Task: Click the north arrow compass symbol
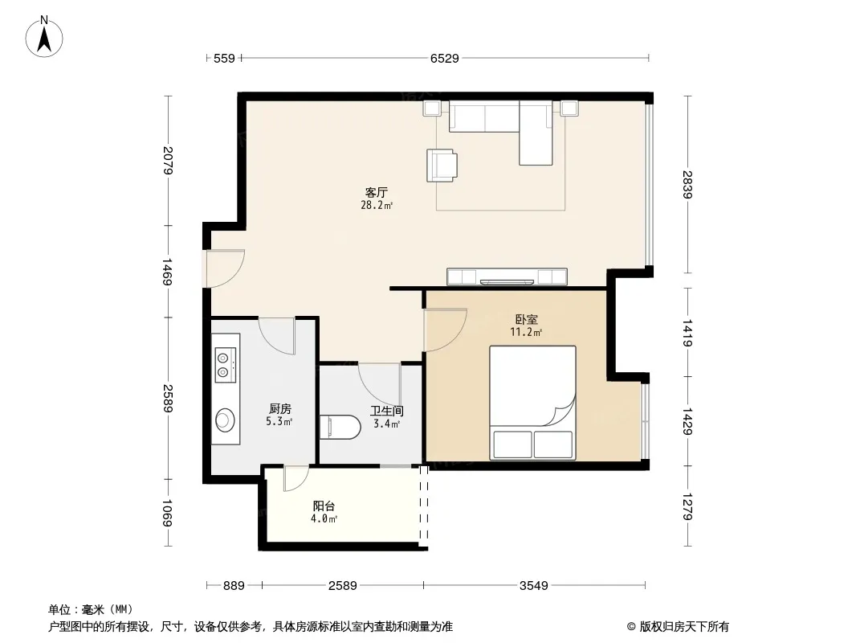click(x=44, y=37)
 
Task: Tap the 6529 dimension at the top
click(x=444, y=58)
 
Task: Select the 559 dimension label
click(x=224, y=58)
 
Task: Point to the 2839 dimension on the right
click(x=687, y=185)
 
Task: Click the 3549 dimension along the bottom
click(x=533, y=586)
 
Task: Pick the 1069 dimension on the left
click(x=167, y=513)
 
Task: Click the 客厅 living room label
click(x=376, y=192)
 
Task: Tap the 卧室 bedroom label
click(x=526, y=319)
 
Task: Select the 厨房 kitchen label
click(x=280, y=408)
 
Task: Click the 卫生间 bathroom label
click(x=387, y=411)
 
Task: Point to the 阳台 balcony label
click(x=324, y=506)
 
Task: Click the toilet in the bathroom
click(x=340, y=428)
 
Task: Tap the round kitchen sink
click(x=225, y=420)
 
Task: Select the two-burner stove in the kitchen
click(x=226, y=365)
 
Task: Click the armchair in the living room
click(x=442, y=165)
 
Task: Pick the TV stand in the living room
click(x=507, y=277)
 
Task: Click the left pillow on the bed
click(x=512, y=444)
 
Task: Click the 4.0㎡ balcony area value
click(x=324, y=519)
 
